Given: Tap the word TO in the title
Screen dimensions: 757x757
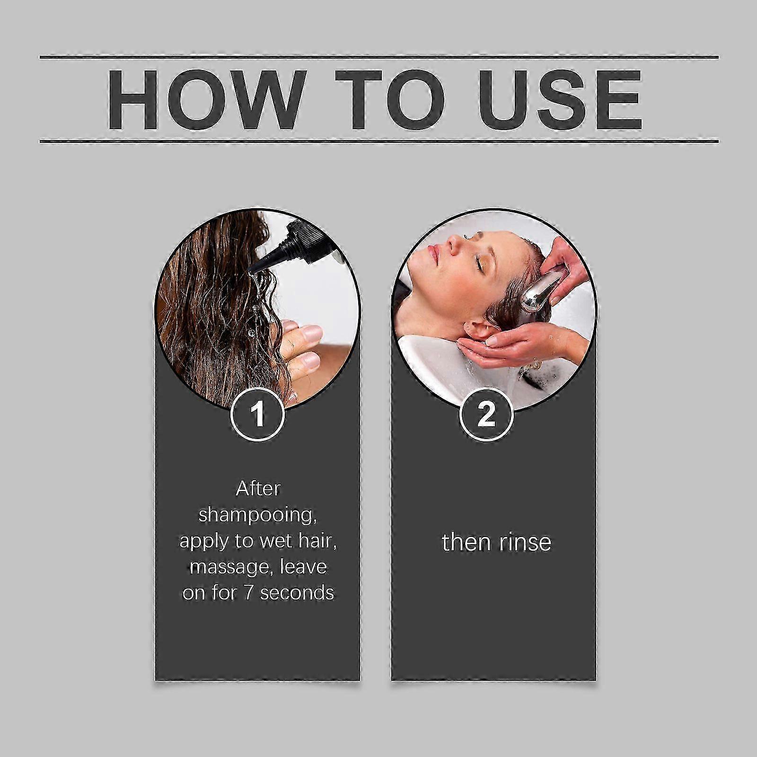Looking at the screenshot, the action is point(390,100).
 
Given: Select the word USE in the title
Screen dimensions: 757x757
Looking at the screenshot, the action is point(560,100).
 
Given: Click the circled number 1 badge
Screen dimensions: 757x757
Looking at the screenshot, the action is point(257,414).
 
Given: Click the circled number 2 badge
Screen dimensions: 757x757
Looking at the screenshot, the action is point(486,414).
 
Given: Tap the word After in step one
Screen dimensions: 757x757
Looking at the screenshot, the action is point(258,488).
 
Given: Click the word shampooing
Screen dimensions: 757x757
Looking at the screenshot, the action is point(257,515).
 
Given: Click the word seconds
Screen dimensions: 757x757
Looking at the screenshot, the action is point(297,593).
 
